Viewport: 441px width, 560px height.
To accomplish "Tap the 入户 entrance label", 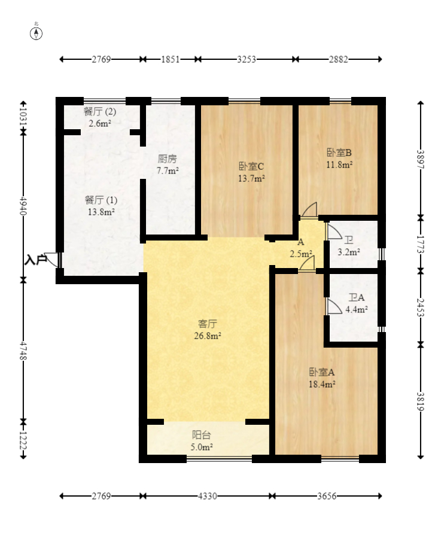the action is pyautogui.click(x=35, y=260).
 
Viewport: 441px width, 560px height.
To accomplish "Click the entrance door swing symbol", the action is pyautogui.click(x=51, y=260).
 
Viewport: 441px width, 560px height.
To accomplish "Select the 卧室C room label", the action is pyautogui.click(x=251, y=166).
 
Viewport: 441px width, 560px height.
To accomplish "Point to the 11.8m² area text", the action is pyautogui.click(x=339, y=165).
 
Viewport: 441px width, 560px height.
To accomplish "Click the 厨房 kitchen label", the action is pyautogui.click(x=167, y=159).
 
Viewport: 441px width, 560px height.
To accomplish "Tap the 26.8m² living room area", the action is pyautogui.click(x=208, y=336).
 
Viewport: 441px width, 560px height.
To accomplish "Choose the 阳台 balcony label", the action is pyautogui.click(x=202, y=434).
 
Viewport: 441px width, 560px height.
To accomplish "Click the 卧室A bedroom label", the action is pyautogui.click(x=322, y=372).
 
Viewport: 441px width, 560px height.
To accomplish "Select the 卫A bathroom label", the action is pyautogui.click(x=357, y=297).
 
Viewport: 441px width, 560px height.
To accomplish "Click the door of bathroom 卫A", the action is pyautogui.click(x=334, y=306).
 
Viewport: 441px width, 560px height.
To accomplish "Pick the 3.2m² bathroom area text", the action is pyautogui.click(x=349, y=252).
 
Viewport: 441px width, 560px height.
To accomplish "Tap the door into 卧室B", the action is pyautogui.click(x=309, y=209).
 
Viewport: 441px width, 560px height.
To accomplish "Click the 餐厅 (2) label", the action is pyautogui.click(x=99, y=111).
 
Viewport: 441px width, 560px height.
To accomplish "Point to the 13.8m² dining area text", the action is pyautogui.click(x=101, y=212).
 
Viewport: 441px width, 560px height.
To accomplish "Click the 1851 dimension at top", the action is pyautogui.click(x=171, y=59).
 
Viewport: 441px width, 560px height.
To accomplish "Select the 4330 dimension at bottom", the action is pyautogui.click(x=208, y=496).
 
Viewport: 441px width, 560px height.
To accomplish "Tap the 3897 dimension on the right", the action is pyautogui.click(x=421, y=160).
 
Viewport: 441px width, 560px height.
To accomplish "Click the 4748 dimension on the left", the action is pyautogui.click(x=23, y=351).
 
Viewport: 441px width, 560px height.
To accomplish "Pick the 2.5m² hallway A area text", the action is pyautogui.click(x=301, y=254).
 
